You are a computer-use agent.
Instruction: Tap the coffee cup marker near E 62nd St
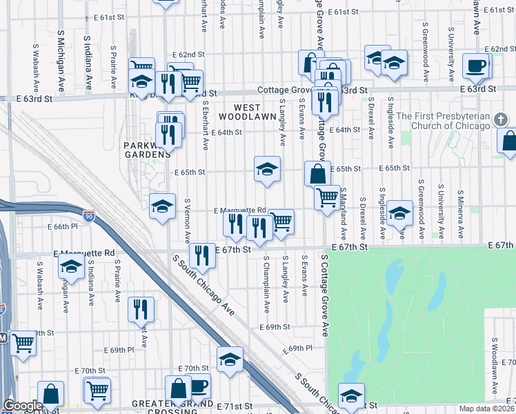click(x=475, y=66)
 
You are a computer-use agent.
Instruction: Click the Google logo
click(x=23, y=406)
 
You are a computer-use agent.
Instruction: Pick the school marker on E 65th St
click(x=267, y=168)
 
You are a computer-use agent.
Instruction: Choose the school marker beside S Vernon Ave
click(x=162, y=206)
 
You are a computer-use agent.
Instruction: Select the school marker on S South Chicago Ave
click(x=230, y=359)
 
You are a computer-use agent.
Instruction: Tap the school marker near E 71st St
click(x=351, y=396)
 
